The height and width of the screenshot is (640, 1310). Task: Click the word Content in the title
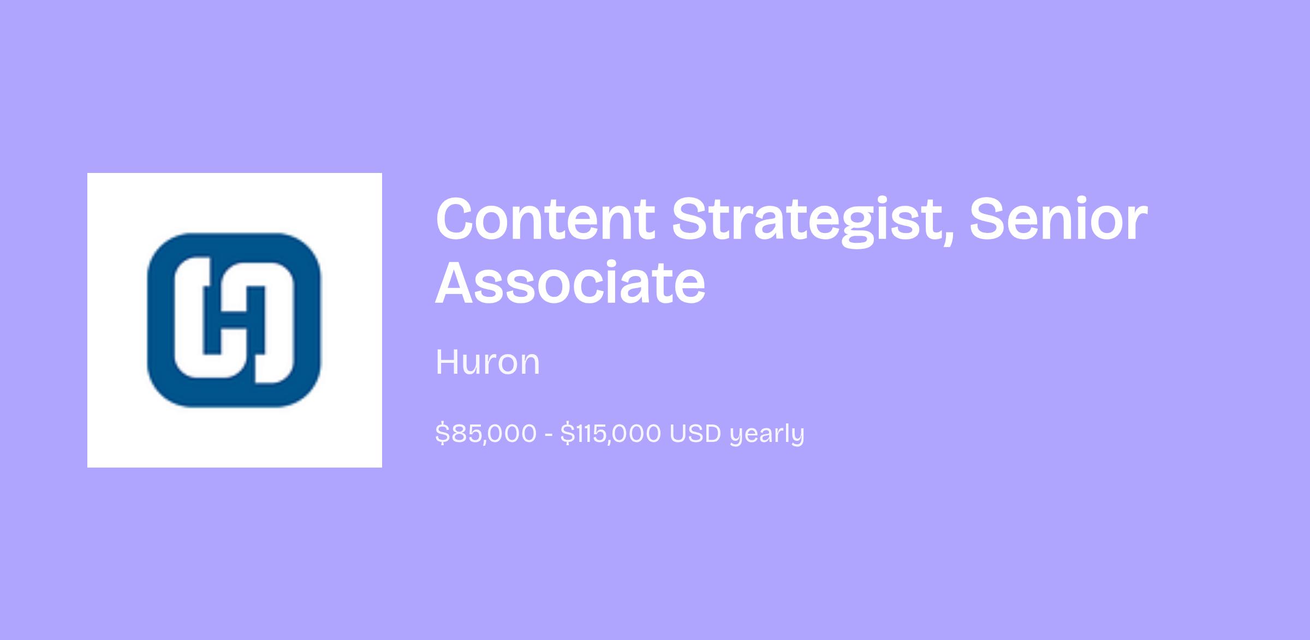[x=545, y=219]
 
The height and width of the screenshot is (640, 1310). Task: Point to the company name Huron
[x=487, y=362]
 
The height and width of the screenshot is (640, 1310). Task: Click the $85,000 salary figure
[x=486, y=434]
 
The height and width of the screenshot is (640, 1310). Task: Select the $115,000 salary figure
[x=611, y=434]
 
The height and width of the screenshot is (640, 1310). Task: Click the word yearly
[x=767, y=435]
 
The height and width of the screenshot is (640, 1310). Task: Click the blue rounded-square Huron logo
[x=234, y=320]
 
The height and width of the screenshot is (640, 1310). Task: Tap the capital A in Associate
[x=458, y=283]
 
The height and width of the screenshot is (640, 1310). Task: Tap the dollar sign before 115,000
[x=567, y=434]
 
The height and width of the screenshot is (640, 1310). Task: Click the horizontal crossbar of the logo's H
[x=235, y=320]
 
